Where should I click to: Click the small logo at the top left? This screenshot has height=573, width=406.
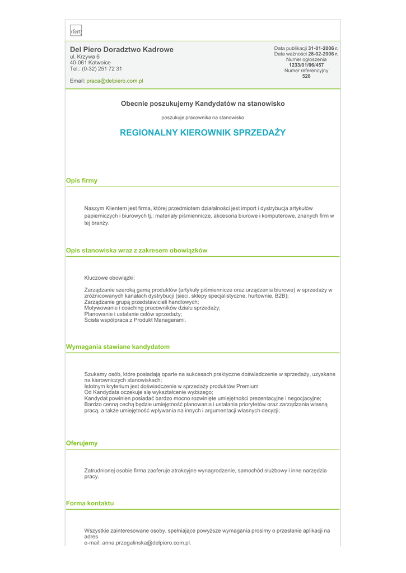(76, 31)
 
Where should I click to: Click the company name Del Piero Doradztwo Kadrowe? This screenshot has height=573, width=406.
(122, 50)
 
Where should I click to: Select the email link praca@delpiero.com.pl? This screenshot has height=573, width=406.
(114, 81)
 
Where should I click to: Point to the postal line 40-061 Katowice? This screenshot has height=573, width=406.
(90, 63)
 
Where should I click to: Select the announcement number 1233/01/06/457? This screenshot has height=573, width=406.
(306, 65)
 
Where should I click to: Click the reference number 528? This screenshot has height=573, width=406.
(306, 76)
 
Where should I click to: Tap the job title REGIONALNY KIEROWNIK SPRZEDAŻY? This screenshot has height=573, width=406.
(203, 133)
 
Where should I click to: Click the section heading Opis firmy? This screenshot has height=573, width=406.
(82, 181)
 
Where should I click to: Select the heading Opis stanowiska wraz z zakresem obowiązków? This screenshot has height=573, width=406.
(137, 251)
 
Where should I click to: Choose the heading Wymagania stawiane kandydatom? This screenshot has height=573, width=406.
(118, 347)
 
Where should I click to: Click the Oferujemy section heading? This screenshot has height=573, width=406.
(82, 443)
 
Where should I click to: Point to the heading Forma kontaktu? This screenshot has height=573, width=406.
(90, 503)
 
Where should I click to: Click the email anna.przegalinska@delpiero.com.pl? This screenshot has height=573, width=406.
(147, 543)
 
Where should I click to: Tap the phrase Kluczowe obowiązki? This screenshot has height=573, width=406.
(109, 278)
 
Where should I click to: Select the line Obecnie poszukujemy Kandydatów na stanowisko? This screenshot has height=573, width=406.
(203, 104)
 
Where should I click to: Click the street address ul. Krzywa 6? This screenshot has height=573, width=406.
(85, 57)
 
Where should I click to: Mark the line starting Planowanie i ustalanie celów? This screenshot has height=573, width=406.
(133, 314)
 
